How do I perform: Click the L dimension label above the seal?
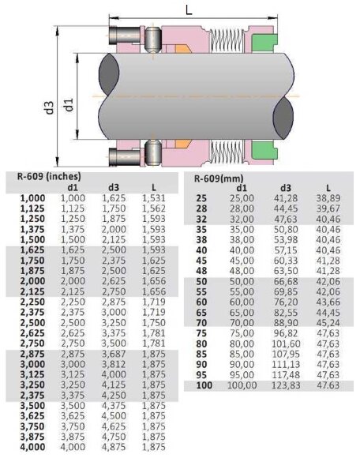(187, 9)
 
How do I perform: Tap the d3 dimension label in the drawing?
(49, 108)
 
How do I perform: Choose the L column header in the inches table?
(153, 186)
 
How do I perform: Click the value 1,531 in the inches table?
(154, 197)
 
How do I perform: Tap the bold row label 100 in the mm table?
(204, 385)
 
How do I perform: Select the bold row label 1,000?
(31, 197)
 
